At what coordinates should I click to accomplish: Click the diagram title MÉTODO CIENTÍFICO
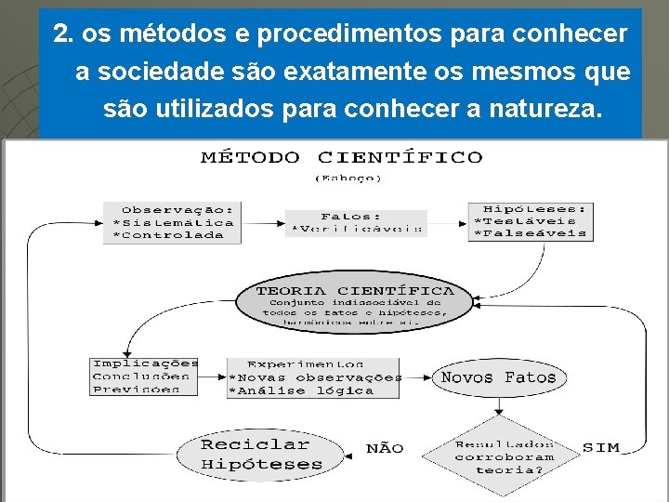click(x=342, y=157)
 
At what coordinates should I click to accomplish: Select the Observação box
click(x=172, y=222)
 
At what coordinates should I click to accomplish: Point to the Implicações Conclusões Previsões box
click(x=144, y=376)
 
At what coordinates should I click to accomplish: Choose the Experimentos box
click(x=313, y=377)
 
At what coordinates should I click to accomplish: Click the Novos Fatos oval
click(x=498, y=377)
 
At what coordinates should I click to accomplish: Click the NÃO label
click(x=385, y=448)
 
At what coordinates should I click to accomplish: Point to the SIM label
click(x=600, y=447)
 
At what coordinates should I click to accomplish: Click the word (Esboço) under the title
click(x=348, y=177)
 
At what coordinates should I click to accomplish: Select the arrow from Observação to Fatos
click(x=263, y=223)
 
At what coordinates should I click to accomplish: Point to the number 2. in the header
click(x=63, y=34)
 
